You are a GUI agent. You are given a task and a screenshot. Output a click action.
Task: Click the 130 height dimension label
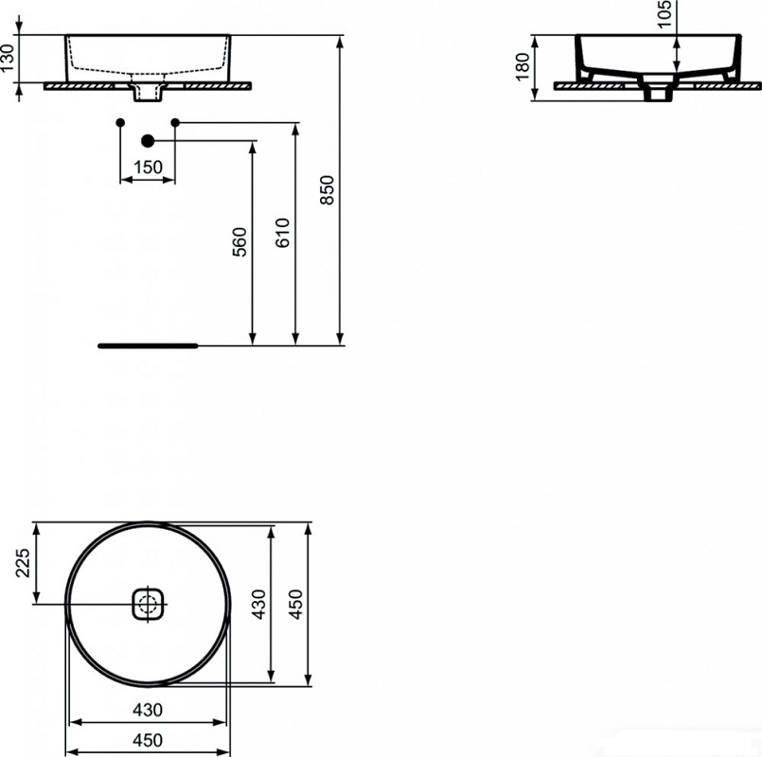pos(9,60)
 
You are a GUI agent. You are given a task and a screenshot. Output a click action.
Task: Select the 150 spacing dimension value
pos(148,167)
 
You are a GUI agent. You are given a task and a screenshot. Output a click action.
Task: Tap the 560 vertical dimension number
pos(239,242)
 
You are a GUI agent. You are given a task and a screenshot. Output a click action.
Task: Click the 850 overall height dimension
pos(328,190)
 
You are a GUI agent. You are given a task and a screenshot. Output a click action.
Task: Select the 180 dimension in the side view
pos(522,66)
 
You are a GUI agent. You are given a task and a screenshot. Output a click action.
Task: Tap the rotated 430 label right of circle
pos(258,601)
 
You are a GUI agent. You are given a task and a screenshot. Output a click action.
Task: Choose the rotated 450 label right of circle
pos(295,601)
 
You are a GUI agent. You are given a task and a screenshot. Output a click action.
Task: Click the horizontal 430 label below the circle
pos(147,709)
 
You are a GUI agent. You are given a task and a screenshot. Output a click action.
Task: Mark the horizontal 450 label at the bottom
pos(147,740)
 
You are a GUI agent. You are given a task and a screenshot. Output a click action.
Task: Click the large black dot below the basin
pos(147,141)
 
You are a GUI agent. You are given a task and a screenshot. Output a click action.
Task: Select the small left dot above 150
pos(119,123)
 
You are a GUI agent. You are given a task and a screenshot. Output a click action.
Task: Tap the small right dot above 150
pos(175,122)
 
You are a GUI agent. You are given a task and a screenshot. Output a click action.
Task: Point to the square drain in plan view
pos(147,603)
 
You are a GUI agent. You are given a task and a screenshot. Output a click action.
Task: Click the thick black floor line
pos(148,346)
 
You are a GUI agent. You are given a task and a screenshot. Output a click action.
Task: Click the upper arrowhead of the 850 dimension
pos(339,41)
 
